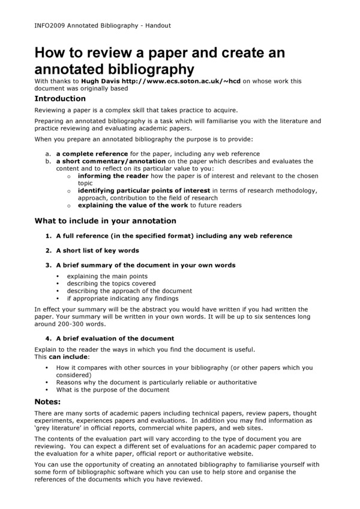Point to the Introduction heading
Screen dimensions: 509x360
[60, 99]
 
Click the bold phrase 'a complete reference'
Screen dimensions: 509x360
[92, 154]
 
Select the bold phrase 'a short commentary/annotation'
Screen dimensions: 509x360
[110, 161]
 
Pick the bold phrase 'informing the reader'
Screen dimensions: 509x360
[115, 176]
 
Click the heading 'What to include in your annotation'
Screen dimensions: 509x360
[105, 221]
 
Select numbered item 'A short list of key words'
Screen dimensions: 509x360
[97, 251]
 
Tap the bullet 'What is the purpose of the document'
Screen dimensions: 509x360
[113, 390]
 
